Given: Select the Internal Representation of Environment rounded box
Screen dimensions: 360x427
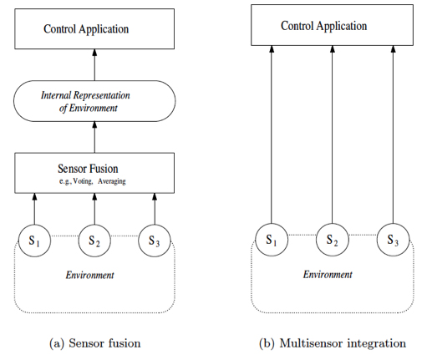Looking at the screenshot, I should click(94, 102).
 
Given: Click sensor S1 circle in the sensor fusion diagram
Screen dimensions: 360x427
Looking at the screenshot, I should click(34, 241).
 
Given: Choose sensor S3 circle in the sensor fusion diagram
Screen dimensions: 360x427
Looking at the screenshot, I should click(154, 241).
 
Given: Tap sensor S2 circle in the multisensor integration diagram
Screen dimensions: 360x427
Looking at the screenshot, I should click(332, 241).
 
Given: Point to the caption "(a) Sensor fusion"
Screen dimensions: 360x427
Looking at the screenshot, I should click(94, 342).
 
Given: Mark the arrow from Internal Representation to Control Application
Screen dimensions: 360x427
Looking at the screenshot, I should click(94, 65).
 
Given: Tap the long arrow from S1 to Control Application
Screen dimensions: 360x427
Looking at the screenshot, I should click(272, 134).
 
